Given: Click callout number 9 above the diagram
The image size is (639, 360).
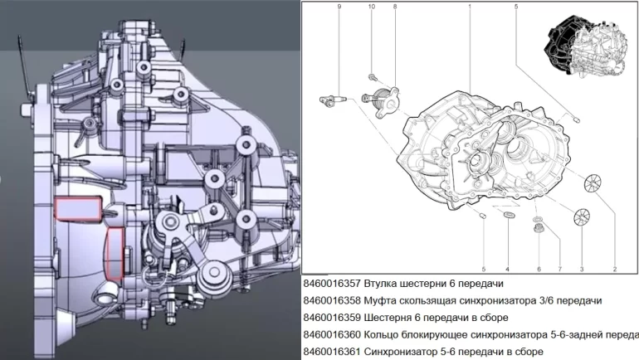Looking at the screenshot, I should [339, 7].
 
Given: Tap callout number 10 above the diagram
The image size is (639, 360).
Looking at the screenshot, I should [371, 7].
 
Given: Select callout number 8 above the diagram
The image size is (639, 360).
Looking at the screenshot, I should [395, 7].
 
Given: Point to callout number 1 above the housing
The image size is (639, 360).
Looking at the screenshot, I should [470, 7].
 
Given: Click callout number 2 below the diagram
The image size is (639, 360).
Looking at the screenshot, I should [615, 269].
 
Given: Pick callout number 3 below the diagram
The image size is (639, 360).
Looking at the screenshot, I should [582, 269].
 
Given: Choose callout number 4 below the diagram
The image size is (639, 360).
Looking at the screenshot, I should [507, 269].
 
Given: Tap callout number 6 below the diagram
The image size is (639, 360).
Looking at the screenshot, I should [539, 269].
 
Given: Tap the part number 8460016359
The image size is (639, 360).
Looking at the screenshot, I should [334, 318].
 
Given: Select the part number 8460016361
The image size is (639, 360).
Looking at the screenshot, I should [334, 352].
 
